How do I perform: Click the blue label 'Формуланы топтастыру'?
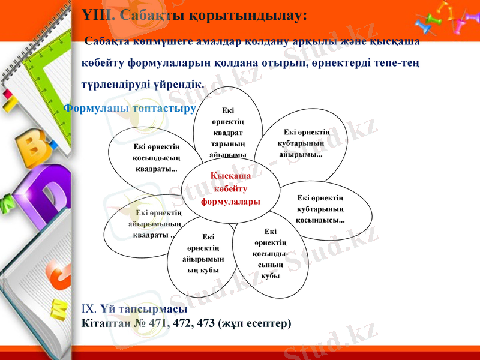pyautogui.click(x=130, y=109)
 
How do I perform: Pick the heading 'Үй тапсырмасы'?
pyautogui.click(x=144, y=309)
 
